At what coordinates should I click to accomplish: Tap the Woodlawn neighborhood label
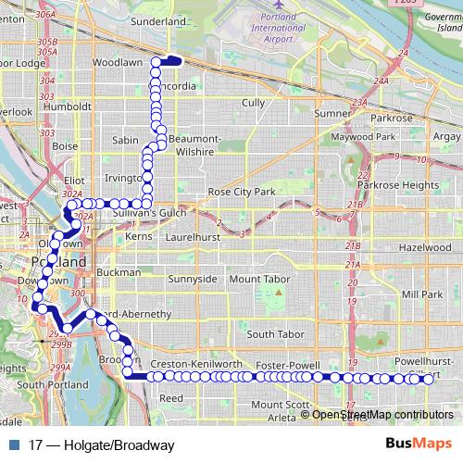click(118, 63)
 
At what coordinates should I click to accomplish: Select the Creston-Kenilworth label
click(195, 366)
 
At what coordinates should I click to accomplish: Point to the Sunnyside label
click(193, 279)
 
